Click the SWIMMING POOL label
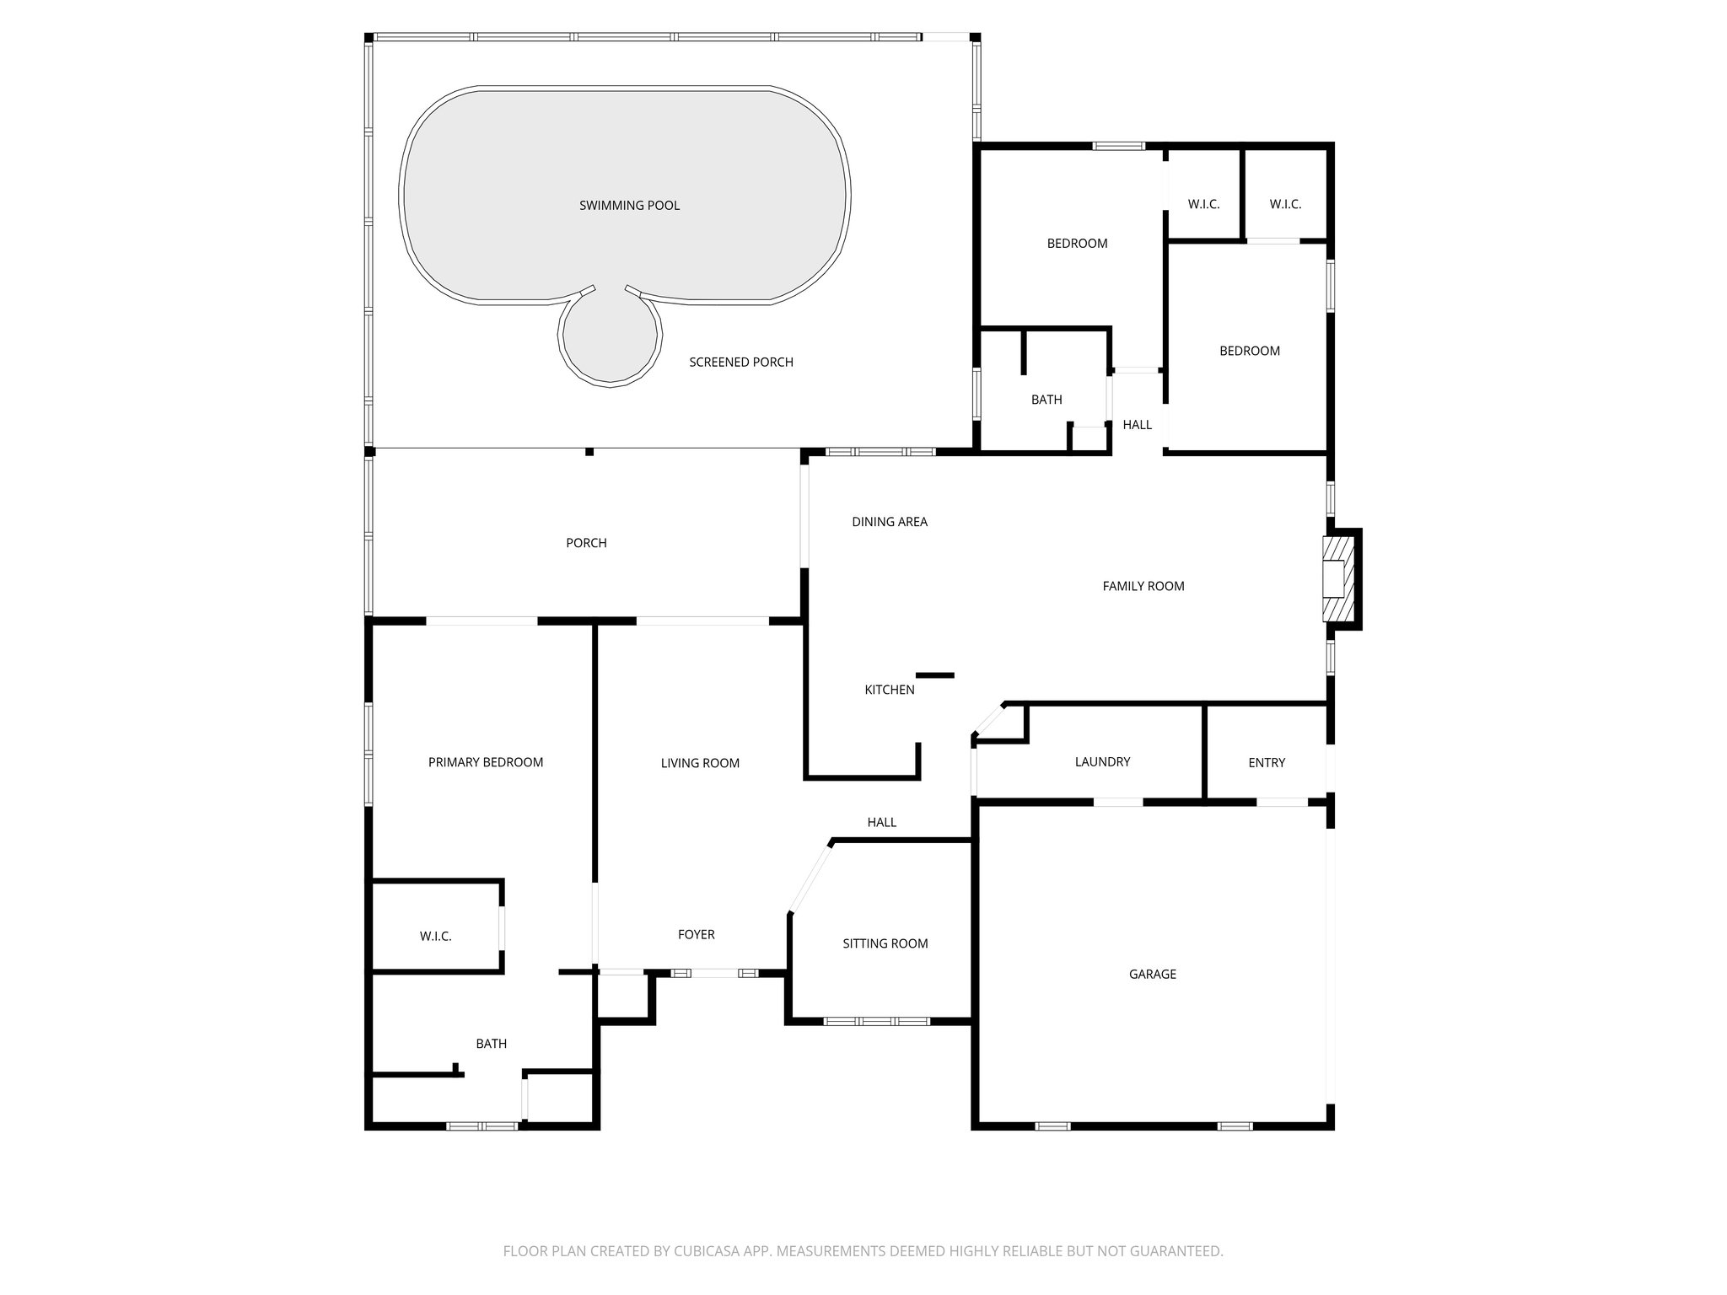629,206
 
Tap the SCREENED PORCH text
740,363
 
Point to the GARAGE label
1152,975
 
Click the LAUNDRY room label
1102,762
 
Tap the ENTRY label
1266,763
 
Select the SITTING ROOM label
885,944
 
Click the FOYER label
696,935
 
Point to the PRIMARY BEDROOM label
485,763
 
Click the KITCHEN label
889,690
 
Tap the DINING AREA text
889,522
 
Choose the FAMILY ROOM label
1143,587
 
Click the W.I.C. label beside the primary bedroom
435,937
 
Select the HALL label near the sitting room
881,823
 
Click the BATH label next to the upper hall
1046,400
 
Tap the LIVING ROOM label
699,764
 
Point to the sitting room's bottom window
876,1022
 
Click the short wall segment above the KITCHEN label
934,675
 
